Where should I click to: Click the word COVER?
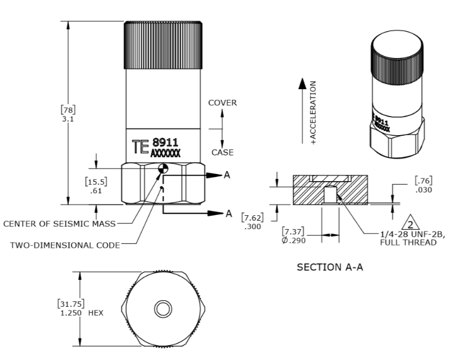coord(222,103)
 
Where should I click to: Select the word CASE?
coord(221,152)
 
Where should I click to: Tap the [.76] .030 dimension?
coord(423,185)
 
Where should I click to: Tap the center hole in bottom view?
coord(162,309)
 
